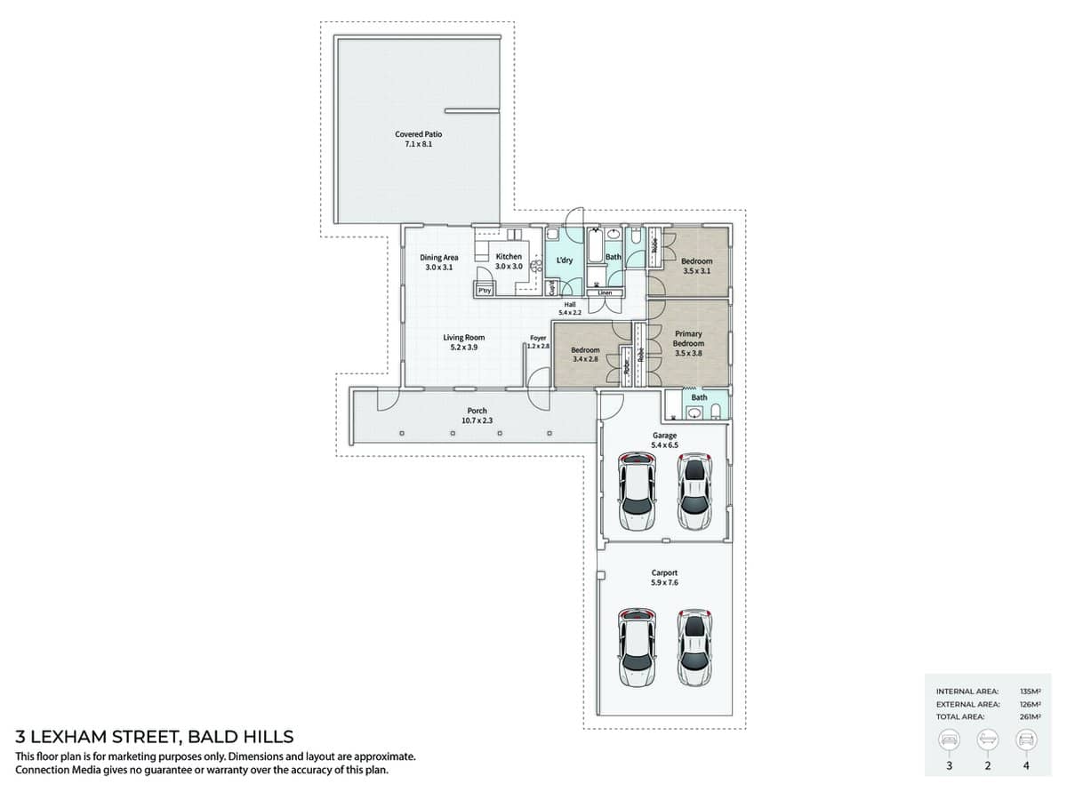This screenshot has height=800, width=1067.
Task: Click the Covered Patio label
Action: (x=418, y=139)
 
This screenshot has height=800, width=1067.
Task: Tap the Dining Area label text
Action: (x=438, y=262)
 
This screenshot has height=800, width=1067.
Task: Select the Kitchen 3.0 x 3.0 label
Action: (x=509, y=261)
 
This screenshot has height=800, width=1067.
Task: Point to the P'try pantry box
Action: (x=485, y=290)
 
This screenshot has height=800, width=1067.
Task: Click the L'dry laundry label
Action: (x=564, y=260)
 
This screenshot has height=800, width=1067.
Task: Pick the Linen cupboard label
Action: (x=605, y=292)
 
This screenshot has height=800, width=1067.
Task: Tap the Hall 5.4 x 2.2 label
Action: (x=569, y=308)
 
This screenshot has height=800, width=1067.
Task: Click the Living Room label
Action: (x=463, y=342)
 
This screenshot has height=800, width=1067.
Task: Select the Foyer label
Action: (x=538, y=341)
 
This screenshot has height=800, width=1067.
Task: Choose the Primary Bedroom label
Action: (x=688, y=343)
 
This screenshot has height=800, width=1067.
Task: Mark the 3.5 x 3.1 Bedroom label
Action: (x=696, y=266)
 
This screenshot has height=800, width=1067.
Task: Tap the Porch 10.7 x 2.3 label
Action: (x=477, y=415)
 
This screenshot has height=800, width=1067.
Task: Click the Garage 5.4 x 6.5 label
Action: (x=664, y=440)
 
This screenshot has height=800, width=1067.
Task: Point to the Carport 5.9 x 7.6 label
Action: (x=664, y=578)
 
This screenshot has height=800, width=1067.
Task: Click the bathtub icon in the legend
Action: (x=987, y=740)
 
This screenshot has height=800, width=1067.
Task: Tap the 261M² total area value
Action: (x=1031, y=716)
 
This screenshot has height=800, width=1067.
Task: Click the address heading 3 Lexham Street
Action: (x=155, y=737)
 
